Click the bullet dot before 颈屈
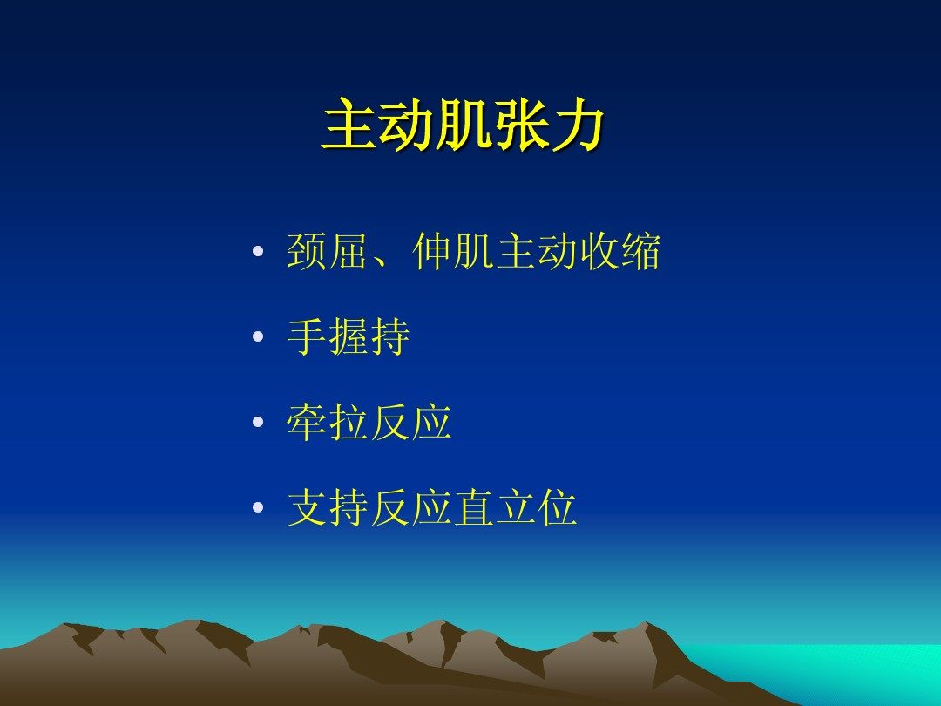pyautogui.click(x=258, y=251)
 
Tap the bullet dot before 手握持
pyautogui.click(x=258, y=336)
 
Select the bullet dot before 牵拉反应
pyautogui.click(x=258, y=422)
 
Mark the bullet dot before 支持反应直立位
pyautogui.click(x=258, y=507)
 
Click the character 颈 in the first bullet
pyautogui.click(x=307, y=251)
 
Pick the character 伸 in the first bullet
pyautogui.click(x=432, y=251)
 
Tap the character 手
pyautogui.click(x=307, y=336)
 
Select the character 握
pyautogui.click(x=349, y=336)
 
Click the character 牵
pyautogui.click(x=307, y=422)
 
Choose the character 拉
pyautogui.click(x=349, y=422)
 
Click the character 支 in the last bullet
pyautogui.click(x=307, y=507)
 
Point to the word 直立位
pyautogui.click(x=516, y=507)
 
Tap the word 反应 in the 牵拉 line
pyautogui.click(x=411, y=422)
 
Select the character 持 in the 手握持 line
pyautogui.click(x=390, y=336)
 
